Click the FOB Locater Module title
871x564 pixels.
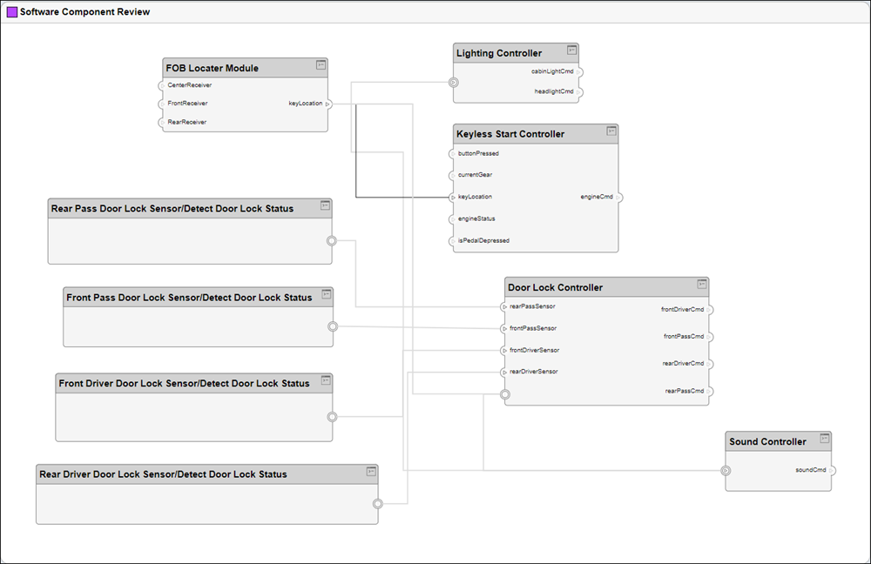212,68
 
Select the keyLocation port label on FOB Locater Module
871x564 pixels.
305,104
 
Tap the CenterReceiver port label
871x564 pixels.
189,85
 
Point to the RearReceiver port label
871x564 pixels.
186,123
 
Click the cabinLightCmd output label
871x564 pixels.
552,71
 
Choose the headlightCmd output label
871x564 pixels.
554,91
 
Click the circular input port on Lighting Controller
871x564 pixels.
454,83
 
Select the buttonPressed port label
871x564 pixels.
478,153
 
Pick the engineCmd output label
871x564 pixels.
597,197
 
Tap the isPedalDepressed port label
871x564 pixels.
483,240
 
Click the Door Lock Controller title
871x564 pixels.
555,287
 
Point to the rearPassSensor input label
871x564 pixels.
532,306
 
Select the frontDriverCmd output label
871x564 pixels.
682,309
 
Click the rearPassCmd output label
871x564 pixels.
684,391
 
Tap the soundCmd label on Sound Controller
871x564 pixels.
810,470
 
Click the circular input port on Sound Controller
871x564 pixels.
726,471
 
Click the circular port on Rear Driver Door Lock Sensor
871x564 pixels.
378,504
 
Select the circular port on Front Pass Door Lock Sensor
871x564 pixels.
332,326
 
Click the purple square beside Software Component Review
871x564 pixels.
12,12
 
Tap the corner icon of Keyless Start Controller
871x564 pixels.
611,131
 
